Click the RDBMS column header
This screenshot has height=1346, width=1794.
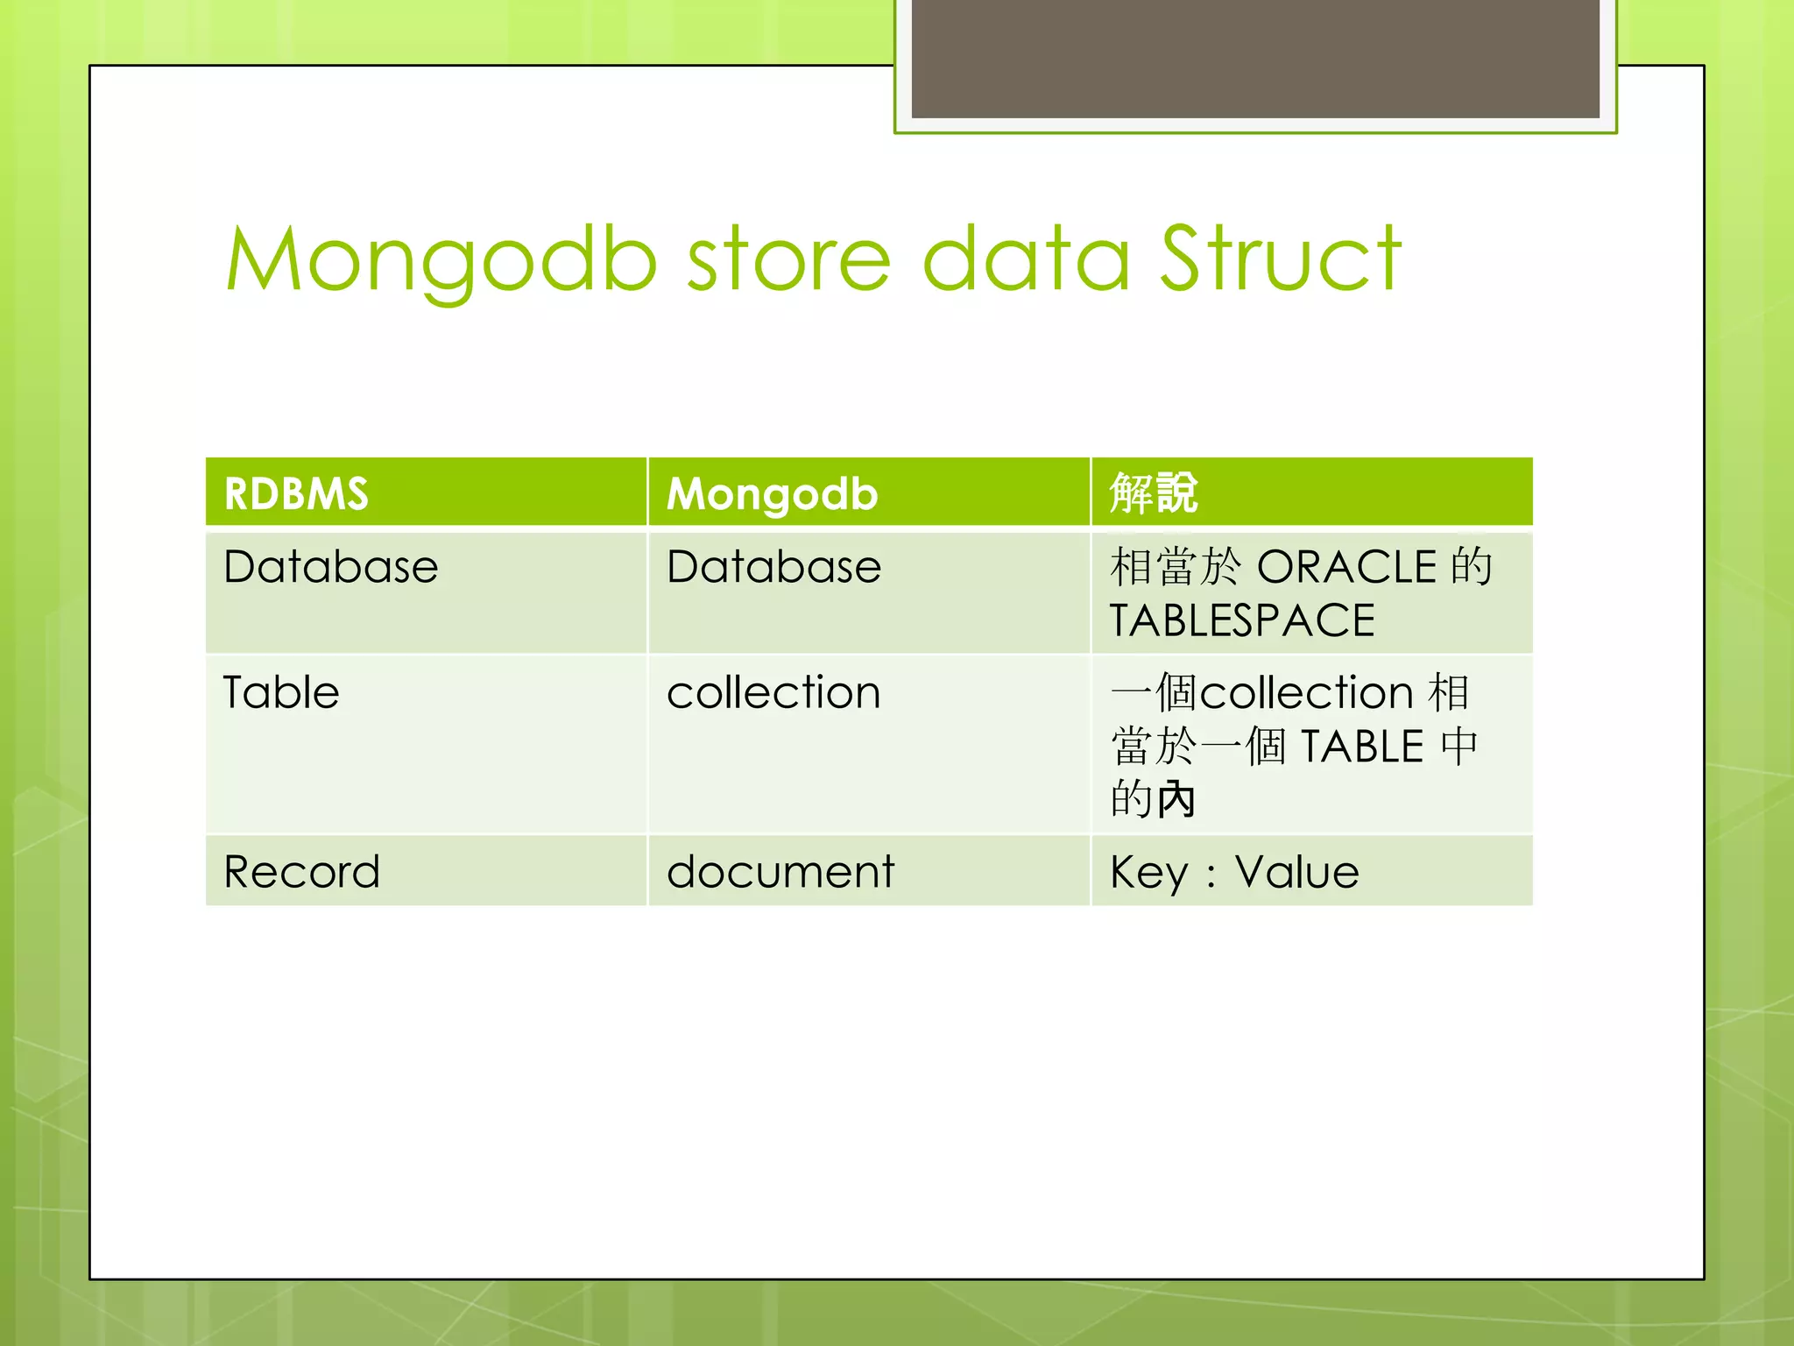[x=296, y=493]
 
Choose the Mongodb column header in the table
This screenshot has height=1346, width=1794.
[x=772, y=494]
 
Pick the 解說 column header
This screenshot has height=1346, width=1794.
[x=1153, y=492]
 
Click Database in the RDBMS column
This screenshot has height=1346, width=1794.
[x=330, y=567]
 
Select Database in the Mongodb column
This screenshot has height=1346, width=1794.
[x=773, y=567]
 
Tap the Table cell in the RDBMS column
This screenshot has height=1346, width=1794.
[x=280, y=692]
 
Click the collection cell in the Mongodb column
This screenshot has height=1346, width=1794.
[x=773, y=692]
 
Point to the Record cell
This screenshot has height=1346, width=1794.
[x=301, y=872]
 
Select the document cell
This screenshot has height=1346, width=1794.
[x=780, y=872]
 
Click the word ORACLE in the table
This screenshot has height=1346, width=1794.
[x=1346, y=567]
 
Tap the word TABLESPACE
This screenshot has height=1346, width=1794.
[x=1242, y=621]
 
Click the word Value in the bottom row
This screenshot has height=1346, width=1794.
[x=1296, y=872]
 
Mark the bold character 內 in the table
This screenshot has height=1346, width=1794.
[x=1176, y=799]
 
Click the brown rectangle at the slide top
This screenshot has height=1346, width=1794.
[x=1255, y=58]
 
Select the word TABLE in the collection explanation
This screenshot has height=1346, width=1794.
[x=1362, y=747]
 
